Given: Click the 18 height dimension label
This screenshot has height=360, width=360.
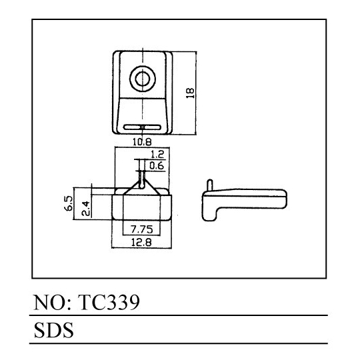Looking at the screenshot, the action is [x=190, y=93].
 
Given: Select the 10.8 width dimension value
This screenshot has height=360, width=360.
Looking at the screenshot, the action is [x=142, y=142].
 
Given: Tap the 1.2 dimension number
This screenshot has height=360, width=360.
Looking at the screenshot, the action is [x=157, y=154].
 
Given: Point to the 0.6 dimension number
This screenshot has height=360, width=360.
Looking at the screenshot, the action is [x=157, y=165].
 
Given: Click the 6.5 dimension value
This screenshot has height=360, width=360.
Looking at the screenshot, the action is [x=69, y=203].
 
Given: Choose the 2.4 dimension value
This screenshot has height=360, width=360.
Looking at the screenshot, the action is [x=85, y=208].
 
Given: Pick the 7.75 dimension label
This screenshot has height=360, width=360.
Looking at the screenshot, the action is [x=141, y=229].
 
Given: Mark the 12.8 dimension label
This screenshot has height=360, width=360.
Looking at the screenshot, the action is [x=141, y=242].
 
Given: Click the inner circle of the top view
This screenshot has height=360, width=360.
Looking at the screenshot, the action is [x=143, y=79].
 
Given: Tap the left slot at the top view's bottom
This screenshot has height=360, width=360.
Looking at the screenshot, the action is [x=132, y=127].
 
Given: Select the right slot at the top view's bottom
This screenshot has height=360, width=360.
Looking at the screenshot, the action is [x=152, y=127].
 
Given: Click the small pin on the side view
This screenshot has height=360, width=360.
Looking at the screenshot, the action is [x=209, y=185].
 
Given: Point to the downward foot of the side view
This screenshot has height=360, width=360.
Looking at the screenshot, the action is [x=209, y=213].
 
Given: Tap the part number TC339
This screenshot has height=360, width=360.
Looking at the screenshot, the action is [x=109, y=302].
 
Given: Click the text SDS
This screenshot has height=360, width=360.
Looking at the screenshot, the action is [x=54, y=330].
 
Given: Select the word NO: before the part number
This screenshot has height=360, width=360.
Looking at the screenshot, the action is [x=53, y=302].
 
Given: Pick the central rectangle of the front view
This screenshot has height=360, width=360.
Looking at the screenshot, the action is [x=141, y=207].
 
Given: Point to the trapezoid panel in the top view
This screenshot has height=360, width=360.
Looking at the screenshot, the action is [x=143, y=116].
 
